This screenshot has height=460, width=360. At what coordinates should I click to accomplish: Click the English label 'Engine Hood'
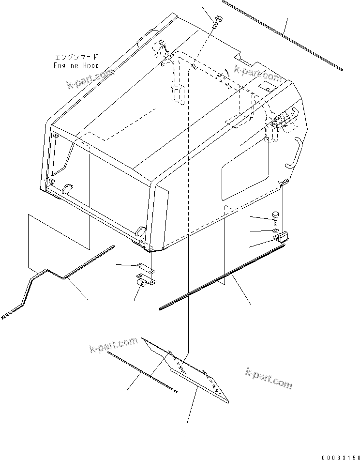tap(77, 65)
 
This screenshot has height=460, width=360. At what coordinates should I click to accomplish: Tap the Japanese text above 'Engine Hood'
tap(77, 57)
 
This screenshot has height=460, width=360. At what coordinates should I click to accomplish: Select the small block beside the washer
tap(283, 236)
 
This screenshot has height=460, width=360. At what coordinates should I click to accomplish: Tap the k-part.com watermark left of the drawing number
tap(269, 378)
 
